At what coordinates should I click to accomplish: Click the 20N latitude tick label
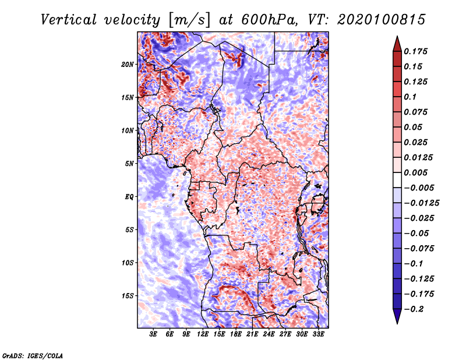pos(128,64)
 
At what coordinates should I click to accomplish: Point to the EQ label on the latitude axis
pos(129,196)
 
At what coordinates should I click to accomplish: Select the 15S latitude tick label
pos(128,295)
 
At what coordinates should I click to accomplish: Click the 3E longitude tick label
pos(154,334)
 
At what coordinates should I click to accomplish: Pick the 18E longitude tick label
pos(236,334)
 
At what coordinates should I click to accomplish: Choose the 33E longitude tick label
pos(318,334)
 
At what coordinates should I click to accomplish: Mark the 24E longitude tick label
pos(269,334)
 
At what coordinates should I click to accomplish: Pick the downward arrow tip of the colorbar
pos(397,322)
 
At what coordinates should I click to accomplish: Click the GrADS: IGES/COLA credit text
pos(33,355)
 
